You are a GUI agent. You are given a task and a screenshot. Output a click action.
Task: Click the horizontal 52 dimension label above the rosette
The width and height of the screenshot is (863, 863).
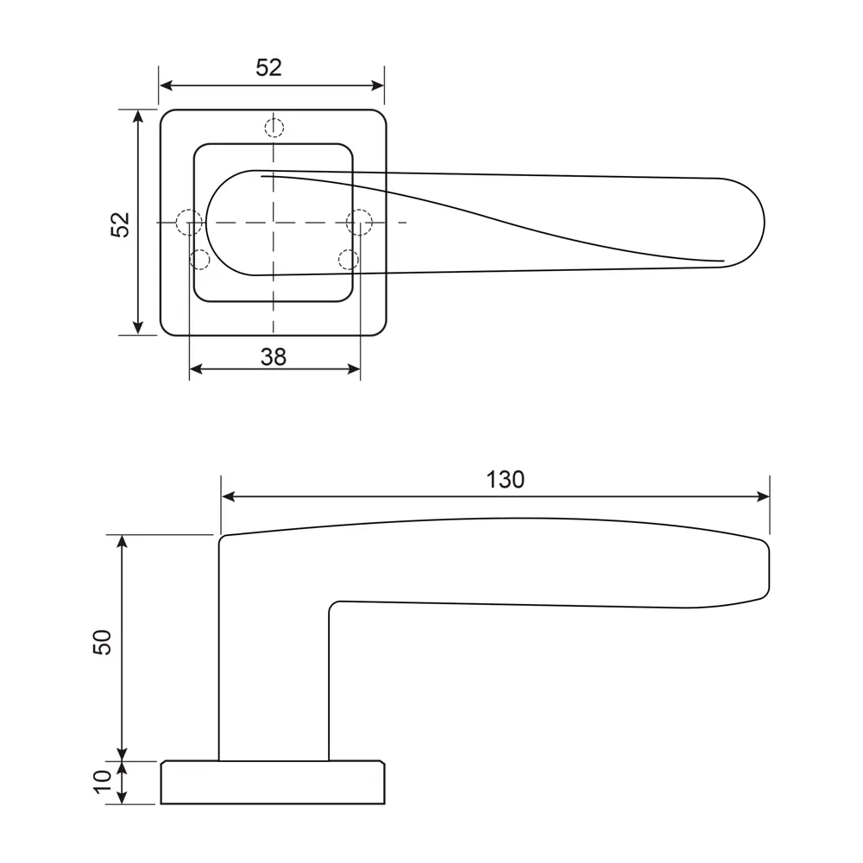pyautogui.click(x=268, y=67)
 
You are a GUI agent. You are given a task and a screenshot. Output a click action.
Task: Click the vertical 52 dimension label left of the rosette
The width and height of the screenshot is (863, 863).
pyautogui.click(x=120, y=224)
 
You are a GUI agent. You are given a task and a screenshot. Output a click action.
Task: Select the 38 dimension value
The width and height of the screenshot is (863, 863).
pyautogui.click(x=274, y=357)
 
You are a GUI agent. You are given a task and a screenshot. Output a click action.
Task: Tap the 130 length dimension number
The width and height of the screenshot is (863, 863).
pyautogui.click(x=505, y=480)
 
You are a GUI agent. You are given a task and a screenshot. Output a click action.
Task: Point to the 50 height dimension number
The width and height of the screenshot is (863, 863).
pyautogui.click(x=103, y=642)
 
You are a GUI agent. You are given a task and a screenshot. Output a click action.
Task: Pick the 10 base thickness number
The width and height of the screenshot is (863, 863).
pyautogui.click(x=103, y=781)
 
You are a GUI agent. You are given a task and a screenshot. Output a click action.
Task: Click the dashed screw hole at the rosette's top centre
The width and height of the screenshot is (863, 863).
pyautogui.click(x=274, y=128)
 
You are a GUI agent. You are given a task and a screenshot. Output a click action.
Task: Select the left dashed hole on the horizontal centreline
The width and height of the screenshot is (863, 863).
pyautogui.click(x=189, y=223)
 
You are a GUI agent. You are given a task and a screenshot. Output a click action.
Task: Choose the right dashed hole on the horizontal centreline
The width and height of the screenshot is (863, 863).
pyautogui.click(x=359, y=223)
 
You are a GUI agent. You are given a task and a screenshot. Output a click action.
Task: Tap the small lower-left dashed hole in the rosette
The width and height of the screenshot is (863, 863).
pyautogui.click(x=199, y=259)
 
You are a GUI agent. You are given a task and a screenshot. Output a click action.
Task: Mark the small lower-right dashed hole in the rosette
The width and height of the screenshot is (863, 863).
pyautogui.click(x=349, y=259)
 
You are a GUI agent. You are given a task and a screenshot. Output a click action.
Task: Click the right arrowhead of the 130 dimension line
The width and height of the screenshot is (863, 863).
pyautogui.click(x=764, y=496)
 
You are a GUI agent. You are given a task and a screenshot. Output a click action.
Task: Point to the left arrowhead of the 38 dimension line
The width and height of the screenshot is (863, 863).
pyautogui.click(x=196, y=369)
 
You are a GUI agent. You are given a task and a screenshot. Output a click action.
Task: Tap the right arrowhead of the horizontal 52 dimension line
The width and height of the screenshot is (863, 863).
pyautogui.click(x=378, y=85)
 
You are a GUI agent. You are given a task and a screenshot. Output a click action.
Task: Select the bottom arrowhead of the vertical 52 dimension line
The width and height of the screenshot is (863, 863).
pyautogui.click(x=138, y=328)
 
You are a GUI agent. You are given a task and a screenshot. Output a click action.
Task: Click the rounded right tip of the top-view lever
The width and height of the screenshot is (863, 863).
pyautogui.click(x=764, y=223)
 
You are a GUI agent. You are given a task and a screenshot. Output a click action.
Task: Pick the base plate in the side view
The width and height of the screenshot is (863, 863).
pyautogui.click(x=273, y=783)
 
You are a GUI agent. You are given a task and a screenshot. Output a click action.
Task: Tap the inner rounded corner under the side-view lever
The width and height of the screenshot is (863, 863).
pyautogui.click(x=332, y=606)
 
